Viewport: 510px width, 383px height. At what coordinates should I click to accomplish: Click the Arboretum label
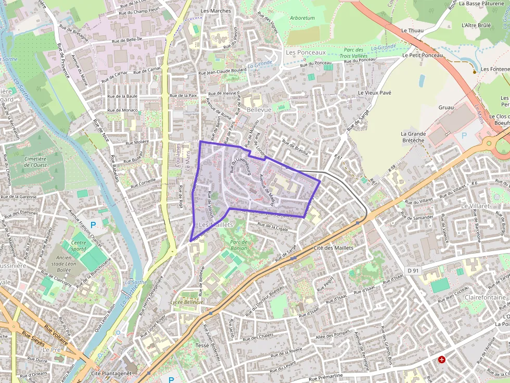pos(302,18)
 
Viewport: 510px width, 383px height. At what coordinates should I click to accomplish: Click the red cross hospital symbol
pos(442,359)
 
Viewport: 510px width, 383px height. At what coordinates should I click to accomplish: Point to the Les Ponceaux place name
pos(305,52)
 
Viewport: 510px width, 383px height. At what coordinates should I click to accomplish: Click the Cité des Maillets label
pos(334,248)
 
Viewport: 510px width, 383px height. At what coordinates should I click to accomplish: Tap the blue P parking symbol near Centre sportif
pos(93,224)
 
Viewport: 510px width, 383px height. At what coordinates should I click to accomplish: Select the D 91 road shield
pos(413,270)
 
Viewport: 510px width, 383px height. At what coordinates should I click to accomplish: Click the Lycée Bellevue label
pos(187,302)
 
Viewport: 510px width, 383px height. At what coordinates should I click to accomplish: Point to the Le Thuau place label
pos(412,31)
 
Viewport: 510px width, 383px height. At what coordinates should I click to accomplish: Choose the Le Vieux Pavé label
pos(374,93)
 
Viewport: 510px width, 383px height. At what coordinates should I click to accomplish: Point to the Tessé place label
pos(201,346)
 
